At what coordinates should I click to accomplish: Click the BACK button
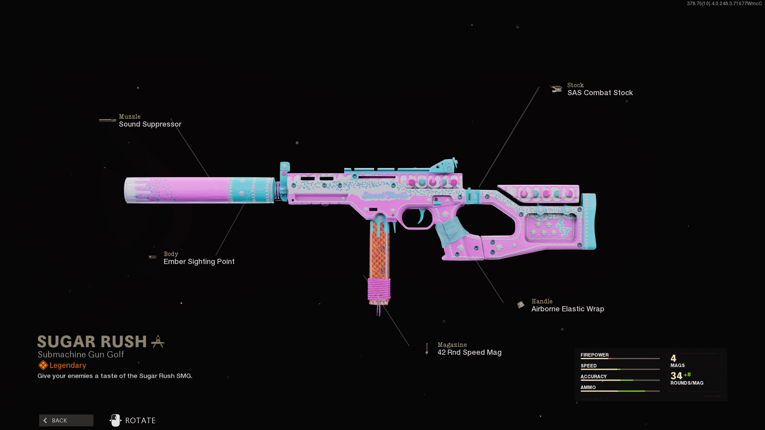click(66, 420)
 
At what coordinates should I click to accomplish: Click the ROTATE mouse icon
click(115, 420)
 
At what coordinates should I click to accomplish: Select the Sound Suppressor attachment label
click(150, 124)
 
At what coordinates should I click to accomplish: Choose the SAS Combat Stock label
click(600, 93)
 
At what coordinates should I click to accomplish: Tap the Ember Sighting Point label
click(199, 262)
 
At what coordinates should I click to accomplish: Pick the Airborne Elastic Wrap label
click(567, 309)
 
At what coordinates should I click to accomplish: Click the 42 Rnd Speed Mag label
click(469, 352)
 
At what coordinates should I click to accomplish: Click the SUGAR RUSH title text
click(92, 342)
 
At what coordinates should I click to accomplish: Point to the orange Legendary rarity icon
click(43, 365)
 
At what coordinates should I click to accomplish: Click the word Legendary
click(68, 365)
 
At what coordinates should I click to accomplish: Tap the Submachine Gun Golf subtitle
click(81, 354)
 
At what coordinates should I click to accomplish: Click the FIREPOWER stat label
click(594, 355)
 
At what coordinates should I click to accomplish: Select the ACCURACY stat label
click(593, 376)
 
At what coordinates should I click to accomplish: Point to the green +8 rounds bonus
click(687, 375)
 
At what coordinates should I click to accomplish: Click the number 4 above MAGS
click(673, 358)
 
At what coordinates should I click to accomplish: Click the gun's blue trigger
click(421, 216)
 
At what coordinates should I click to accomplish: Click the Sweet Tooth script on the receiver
click(385, 195)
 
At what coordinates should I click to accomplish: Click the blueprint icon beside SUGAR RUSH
click(158, 342)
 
